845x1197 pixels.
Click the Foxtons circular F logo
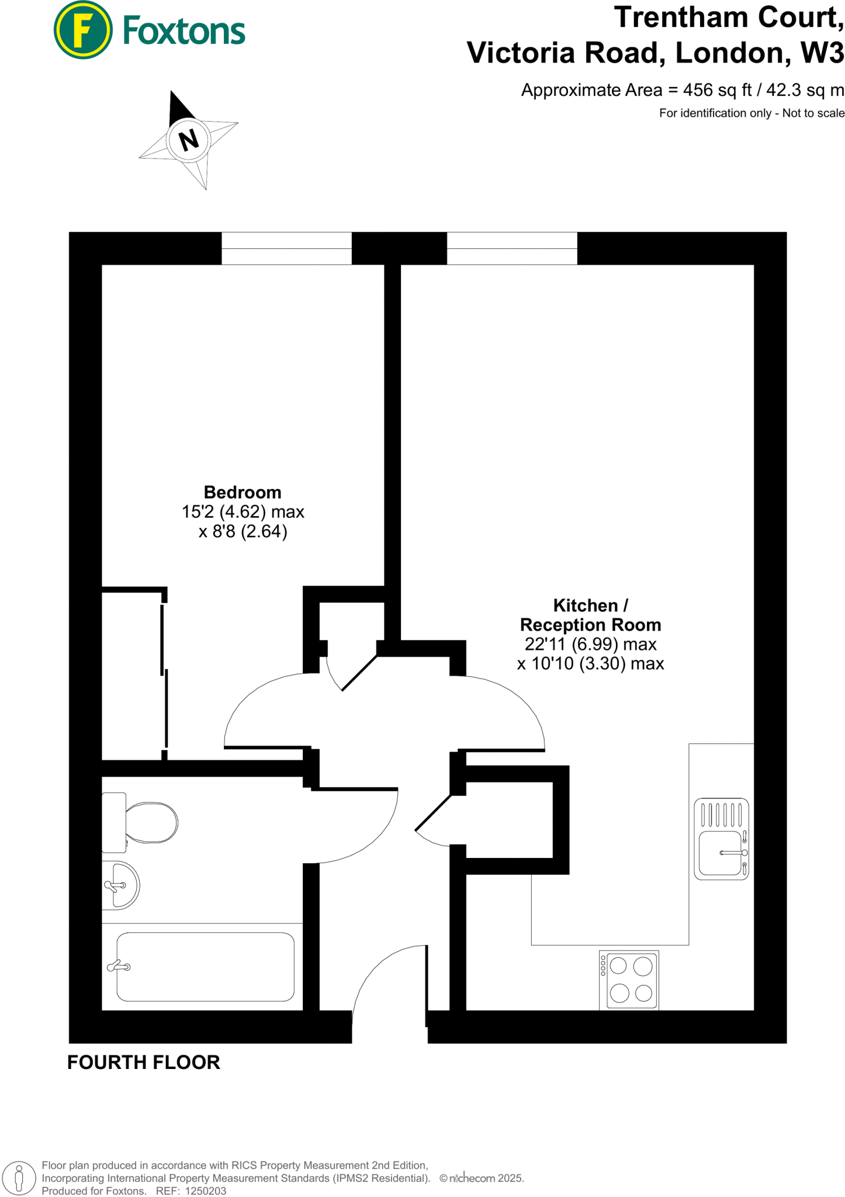(x=82, y=30)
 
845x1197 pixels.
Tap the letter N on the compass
(x=188, y=140)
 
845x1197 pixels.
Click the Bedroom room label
(x=243, y=492)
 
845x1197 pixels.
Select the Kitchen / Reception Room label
(x=590, y=615)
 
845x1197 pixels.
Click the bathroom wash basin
(x=120, y=885)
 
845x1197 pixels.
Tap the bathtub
(x=205, y=967)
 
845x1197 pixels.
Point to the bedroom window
(x=286, y=248)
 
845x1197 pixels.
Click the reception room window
(x=512, y=248)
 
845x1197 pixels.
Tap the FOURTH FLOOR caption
(x=144, y=1062)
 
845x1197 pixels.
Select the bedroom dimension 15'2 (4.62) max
(x=243, y=512)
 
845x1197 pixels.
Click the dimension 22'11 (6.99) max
(x=590, y=644)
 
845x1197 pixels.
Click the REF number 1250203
(x=205, y=1191)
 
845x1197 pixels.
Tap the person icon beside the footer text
(x=19, y=1178)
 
